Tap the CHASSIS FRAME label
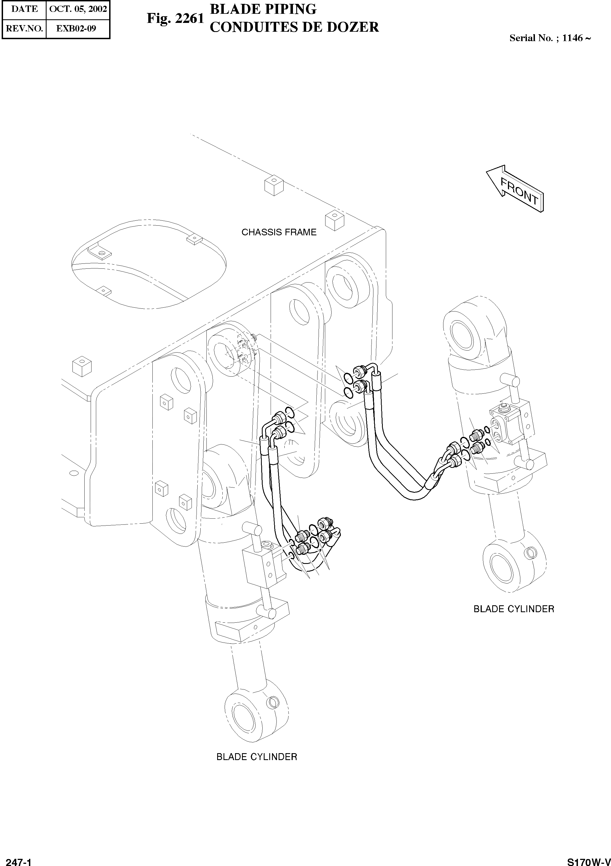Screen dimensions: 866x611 [279, 232]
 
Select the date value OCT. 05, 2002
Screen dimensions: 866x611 [78, 9]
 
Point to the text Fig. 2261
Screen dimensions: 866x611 [175, 18]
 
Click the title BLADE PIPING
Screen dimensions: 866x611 [263, 9]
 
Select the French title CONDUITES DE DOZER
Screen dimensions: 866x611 [294, 27]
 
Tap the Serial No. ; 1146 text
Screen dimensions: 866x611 [550, 38]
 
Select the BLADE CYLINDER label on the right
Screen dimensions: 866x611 [513, 609]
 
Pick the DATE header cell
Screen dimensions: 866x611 [24, 9]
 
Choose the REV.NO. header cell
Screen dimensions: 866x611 [24, 28]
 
